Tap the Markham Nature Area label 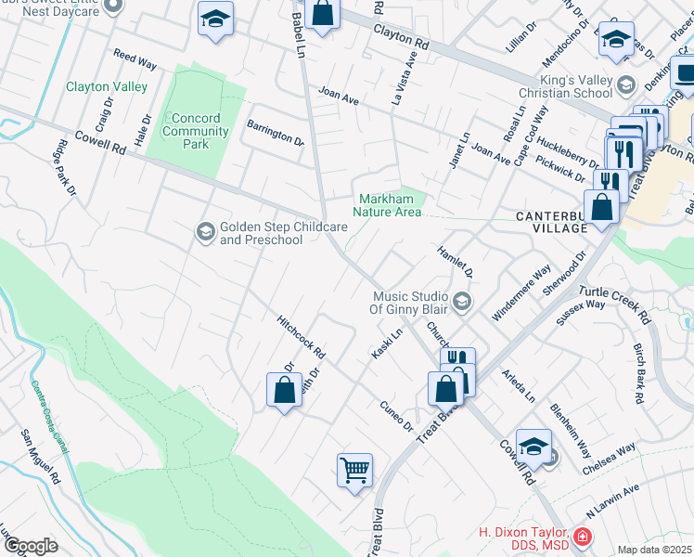tap(390, 205)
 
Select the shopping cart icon tap(354, 470)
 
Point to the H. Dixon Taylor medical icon tap(581, 536)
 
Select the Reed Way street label tap(135, 56)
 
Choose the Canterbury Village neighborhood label tap(552, 222)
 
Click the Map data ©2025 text tap(654, 550)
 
